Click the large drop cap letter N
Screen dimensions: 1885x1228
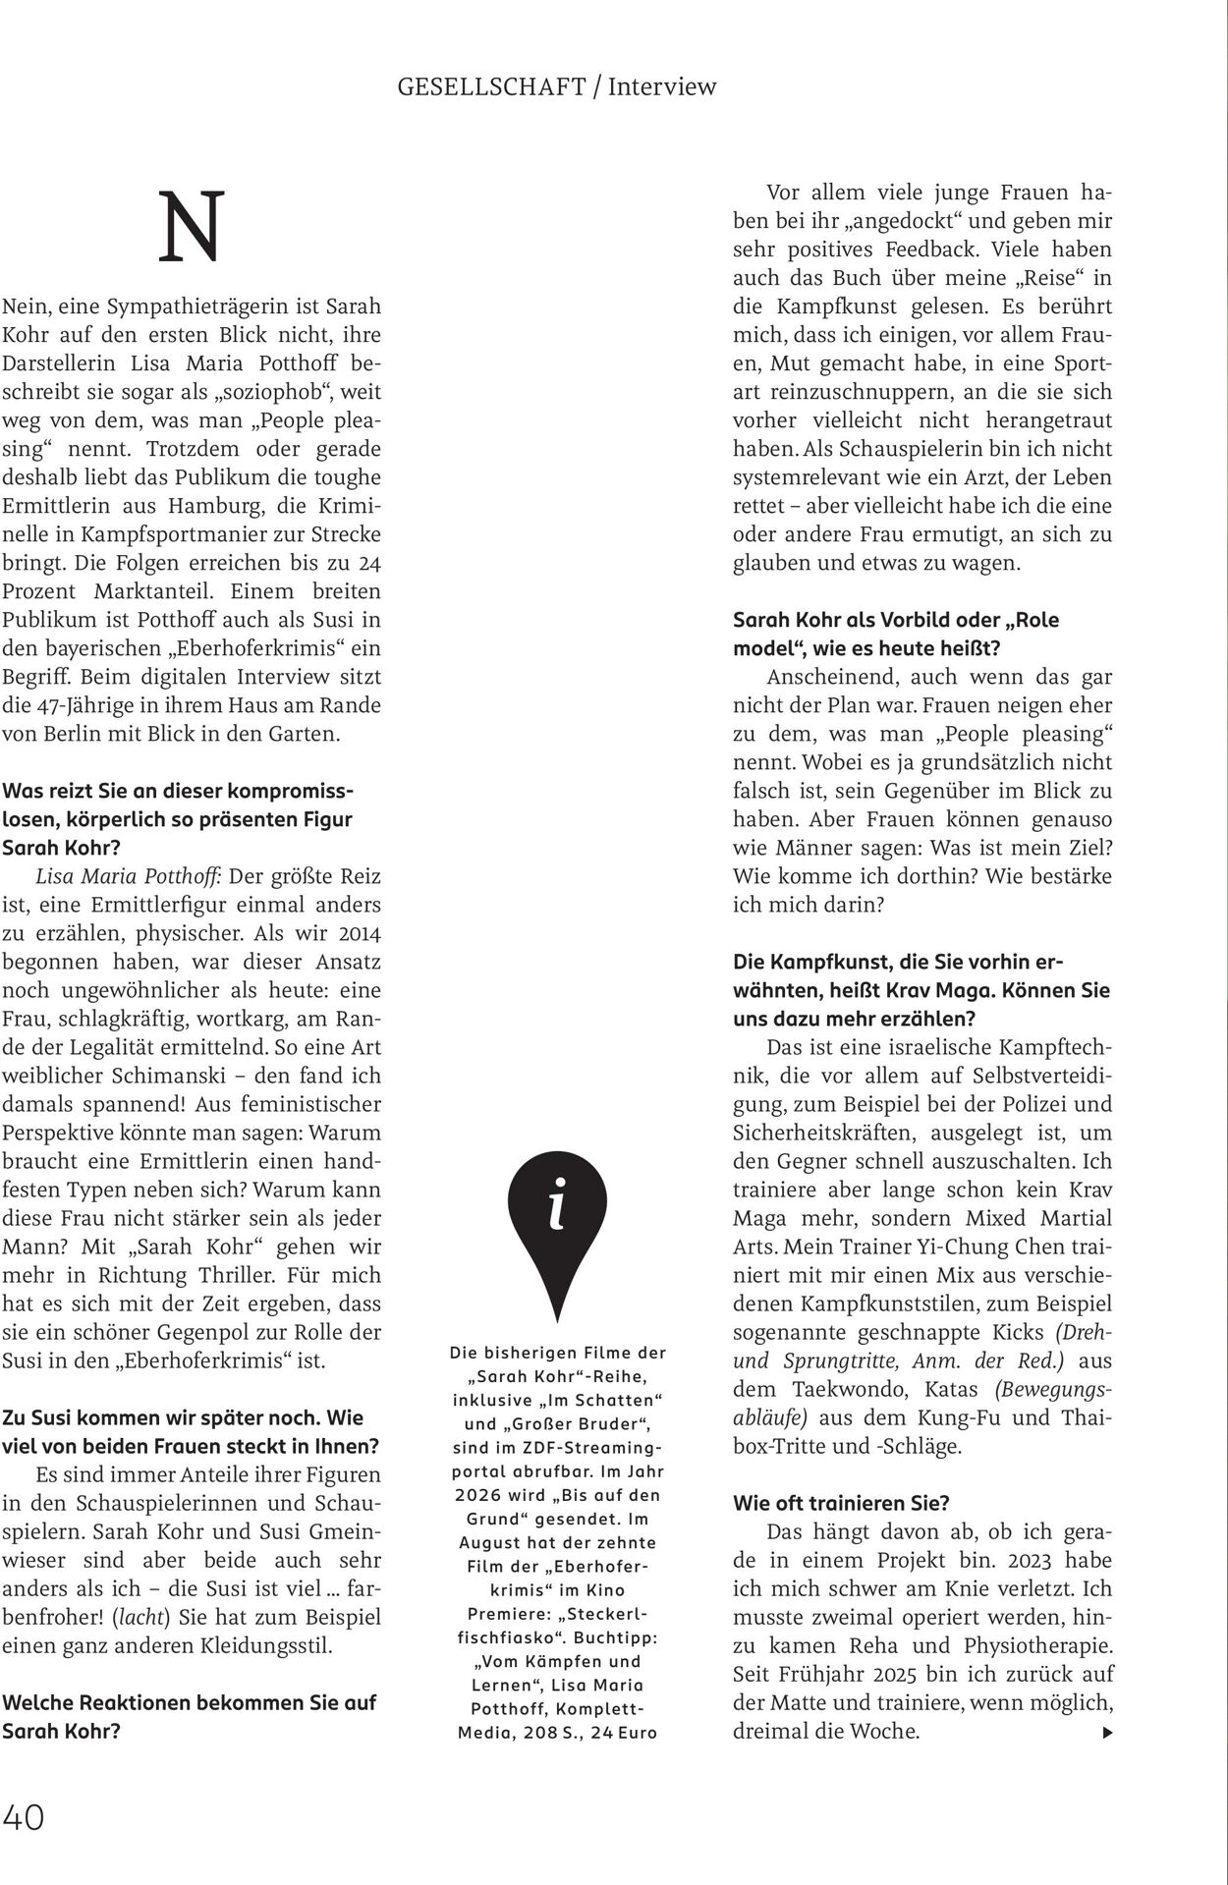[x=193, y=228]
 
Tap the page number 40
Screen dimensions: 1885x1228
[x=24, y=1817]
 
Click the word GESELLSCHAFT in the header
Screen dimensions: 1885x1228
[x=491, y=86]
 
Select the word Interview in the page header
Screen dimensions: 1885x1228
[x=662, y=86]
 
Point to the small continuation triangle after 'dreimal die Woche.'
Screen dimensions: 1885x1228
[x=1108, y=1733]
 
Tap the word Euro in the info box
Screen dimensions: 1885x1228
[x=636, y=1733]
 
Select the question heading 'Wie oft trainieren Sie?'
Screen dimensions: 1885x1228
[x=841, y=1503]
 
